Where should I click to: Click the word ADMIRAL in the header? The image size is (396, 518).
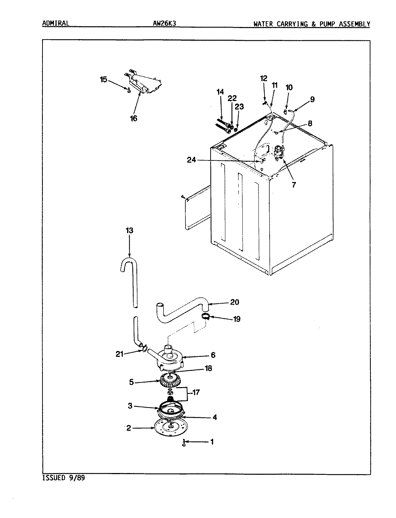55,24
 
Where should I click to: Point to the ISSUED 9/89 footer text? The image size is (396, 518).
64,478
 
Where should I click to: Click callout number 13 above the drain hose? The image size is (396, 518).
130,231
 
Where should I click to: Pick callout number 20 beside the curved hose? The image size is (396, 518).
234,302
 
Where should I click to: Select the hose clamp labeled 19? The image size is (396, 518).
206,317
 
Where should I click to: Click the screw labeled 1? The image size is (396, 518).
184,442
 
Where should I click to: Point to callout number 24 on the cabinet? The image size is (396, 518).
191,160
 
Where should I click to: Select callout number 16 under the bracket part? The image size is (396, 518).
134,118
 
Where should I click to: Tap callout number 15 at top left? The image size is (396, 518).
104,79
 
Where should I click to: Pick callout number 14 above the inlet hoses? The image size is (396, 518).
220,92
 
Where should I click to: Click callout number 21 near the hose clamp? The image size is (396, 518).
120,354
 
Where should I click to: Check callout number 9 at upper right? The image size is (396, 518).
312,99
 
